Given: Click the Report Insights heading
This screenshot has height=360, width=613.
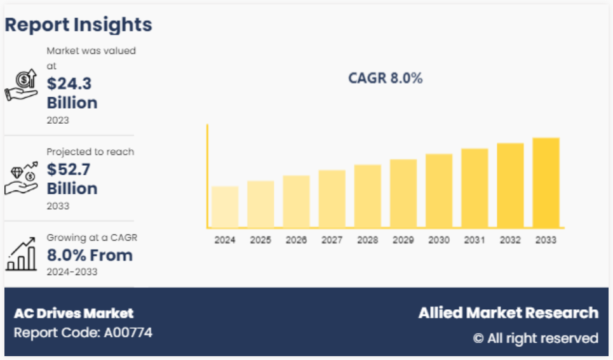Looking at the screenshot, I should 78,25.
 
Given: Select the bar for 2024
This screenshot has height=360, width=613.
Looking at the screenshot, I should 225,207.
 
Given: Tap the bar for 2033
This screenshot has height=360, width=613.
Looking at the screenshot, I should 546,183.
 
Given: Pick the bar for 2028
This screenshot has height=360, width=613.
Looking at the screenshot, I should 367,196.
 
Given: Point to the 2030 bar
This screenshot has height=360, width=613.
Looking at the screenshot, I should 439,190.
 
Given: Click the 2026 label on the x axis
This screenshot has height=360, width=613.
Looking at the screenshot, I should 296,240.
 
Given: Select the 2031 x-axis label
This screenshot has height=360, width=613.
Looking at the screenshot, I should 475,240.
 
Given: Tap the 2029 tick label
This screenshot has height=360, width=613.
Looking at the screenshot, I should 403,240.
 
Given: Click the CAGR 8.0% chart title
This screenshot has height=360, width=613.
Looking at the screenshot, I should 385,79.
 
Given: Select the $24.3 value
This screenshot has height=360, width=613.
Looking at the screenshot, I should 70,83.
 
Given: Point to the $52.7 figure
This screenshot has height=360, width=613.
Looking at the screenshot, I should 70,169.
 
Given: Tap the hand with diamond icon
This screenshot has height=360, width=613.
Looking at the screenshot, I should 21,178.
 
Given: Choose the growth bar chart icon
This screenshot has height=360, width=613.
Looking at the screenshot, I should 21,254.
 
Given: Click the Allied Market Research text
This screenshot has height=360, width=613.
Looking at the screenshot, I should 508,312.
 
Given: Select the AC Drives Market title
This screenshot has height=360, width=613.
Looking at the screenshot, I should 74,313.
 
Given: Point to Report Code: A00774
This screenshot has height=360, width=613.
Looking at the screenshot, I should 83,332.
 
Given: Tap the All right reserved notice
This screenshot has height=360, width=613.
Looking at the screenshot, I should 536,338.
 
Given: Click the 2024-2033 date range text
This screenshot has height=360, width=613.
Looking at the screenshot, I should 72,272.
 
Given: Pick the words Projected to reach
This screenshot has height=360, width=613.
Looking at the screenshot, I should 90,152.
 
